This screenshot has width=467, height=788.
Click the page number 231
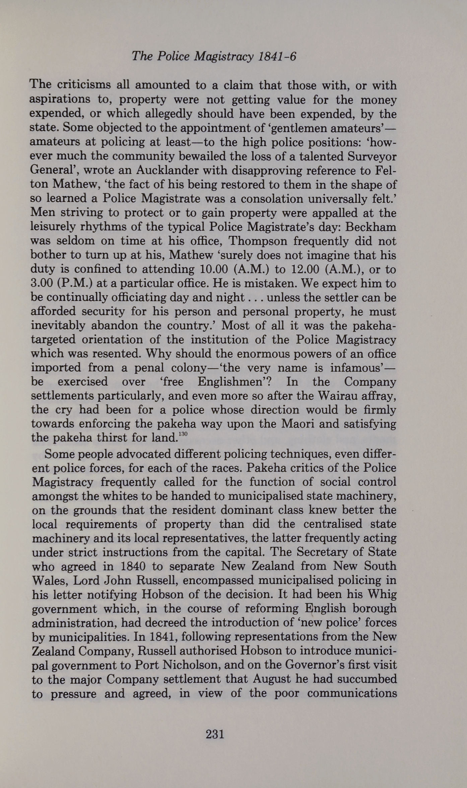[215, 734]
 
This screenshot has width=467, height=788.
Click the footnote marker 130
[183, 434]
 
